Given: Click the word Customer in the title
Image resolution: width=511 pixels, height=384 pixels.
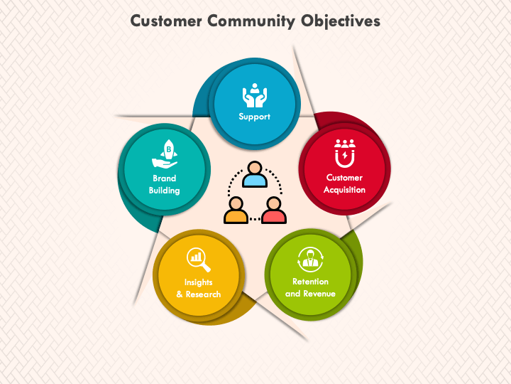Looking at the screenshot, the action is [166, 21].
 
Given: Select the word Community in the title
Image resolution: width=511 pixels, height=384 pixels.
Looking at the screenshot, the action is [251, 21].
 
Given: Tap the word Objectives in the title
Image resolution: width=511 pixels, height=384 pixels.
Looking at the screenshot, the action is [340, 21].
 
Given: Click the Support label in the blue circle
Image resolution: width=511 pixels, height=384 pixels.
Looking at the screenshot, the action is [255, 117].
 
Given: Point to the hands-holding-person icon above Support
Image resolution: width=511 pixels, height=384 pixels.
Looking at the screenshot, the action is [255, 95].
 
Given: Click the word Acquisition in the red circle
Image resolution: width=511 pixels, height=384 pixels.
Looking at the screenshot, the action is [344, 190].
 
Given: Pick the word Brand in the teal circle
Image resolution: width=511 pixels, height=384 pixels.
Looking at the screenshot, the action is [164, 178].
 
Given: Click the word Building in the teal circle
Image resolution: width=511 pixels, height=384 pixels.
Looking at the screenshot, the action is [164, 191].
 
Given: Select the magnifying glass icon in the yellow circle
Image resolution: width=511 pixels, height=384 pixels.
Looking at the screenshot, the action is [199, 260].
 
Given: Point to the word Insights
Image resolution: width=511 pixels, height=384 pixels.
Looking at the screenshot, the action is [199, 282].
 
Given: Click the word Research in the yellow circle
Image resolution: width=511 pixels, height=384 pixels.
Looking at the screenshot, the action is [204, 294].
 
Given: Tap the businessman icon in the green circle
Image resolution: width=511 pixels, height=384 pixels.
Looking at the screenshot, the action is [311, 260].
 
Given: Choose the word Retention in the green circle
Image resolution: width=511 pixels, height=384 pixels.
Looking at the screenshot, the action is [310, 282].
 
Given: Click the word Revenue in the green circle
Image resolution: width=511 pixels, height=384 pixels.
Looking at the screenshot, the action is [319, 294].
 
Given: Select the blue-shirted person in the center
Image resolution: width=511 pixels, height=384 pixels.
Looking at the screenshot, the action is [255, 174].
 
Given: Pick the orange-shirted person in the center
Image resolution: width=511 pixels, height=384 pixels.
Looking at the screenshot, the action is [236, 210].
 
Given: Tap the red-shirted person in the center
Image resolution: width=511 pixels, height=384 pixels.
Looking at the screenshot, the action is [274, 210].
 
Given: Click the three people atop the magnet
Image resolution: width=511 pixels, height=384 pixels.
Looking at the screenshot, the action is [345, 144].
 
